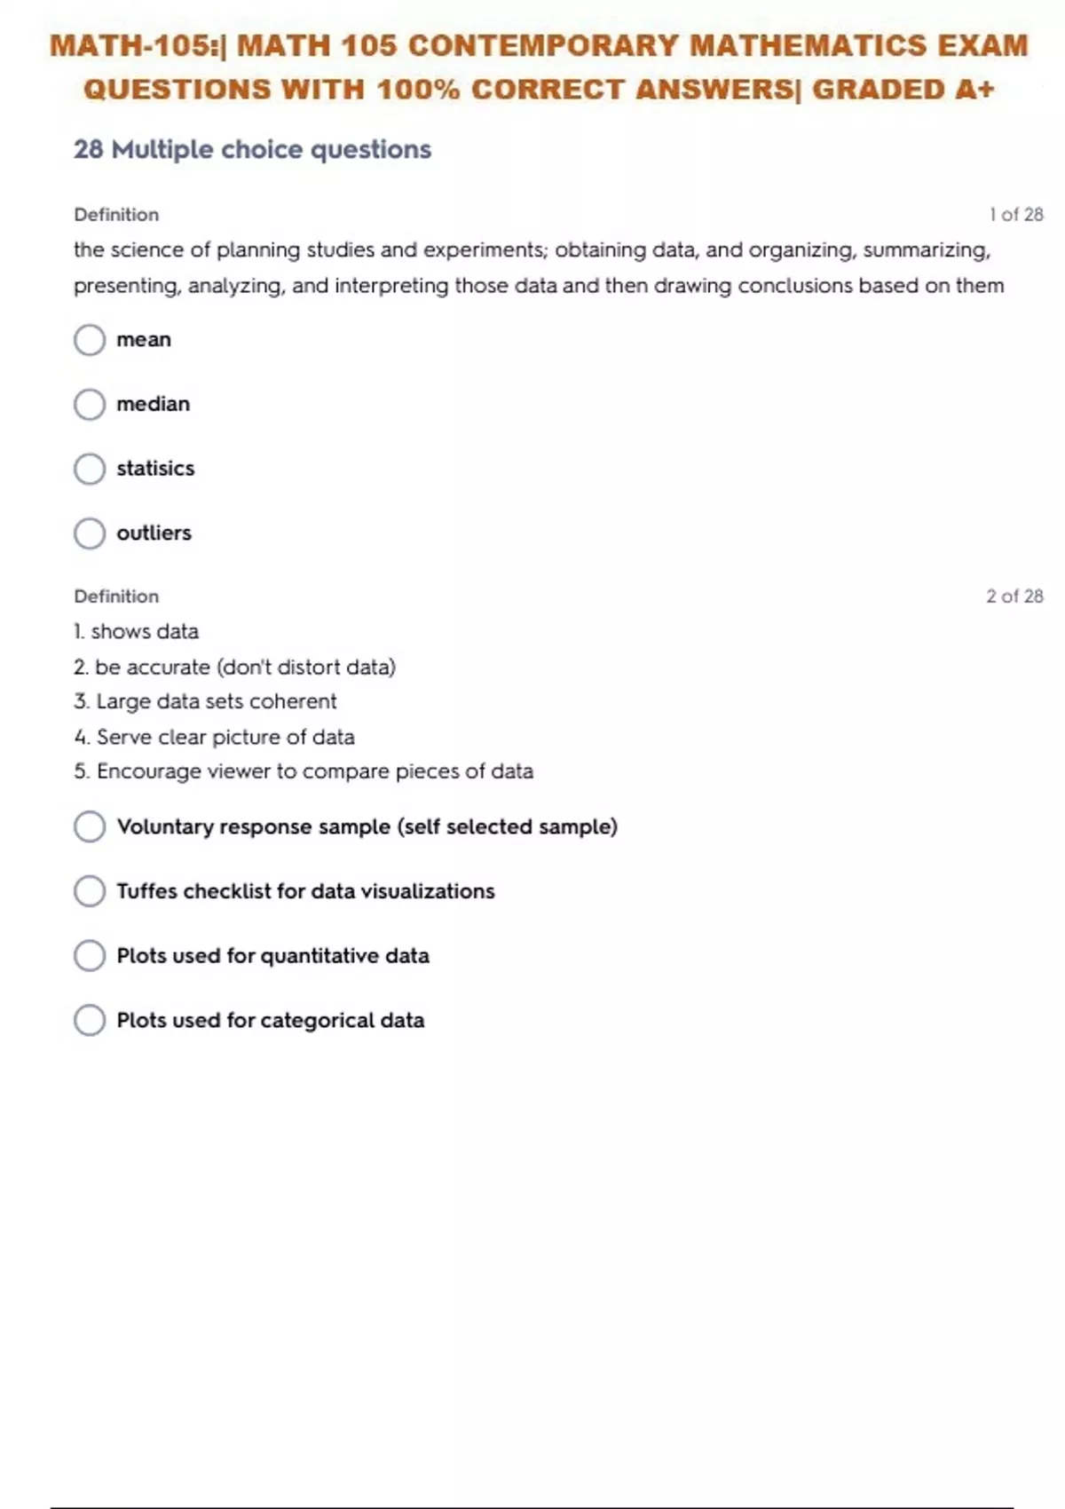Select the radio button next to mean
point(90,340)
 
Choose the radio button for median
point(90,405)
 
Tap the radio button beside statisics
point(90,469)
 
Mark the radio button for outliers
point(90,533)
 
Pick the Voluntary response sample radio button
point(90,826)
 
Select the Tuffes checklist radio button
point(90,891)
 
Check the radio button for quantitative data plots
point(90,956)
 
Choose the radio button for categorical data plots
point(90,1021)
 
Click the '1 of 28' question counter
point(1016,215)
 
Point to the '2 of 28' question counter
point(1014,596)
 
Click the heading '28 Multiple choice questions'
point(252,149)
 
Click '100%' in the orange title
point(418,90)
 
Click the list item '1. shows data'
point(137,631)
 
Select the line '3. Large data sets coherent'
point(205,701)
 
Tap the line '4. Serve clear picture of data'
point(214,737)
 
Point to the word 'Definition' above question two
point(116,596)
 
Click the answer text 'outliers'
point(154,533)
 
